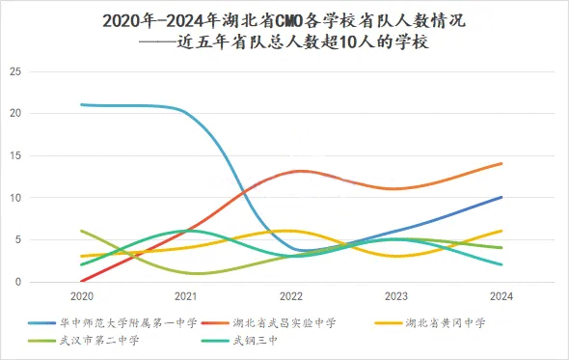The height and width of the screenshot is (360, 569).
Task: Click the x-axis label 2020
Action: point(82,295)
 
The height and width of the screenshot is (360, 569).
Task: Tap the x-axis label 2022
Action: point(291,295)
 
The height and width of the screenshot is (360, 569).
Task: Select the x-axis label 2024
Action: point(501,295)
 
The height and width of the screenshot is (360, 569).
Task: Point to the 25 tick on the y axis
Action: point(14,71)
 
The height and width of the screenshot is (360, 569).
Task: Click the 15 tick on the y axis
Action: point(14,155)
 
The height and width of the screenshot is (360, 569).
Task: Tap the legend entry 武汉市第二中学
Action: point(100,340)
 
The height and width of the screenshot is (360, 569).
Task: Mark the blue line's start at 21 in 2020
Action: point(82,104)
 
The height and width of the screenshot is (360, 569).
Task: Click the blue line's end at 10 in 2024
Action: point(501,197)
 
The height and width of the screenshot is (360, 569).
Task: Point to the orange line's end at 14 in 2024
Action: point(501,163)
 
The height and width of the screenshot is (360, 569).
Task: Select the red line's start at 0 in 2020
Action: point(82,281)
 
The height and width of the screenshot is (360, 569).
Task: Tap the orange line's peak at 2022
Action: point(299,171)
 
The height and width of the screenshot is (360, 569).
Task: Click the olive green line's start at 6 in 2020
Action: point(82,231)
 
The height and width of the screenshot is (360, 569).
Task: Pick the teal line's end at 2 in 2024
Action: point(501,264)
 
